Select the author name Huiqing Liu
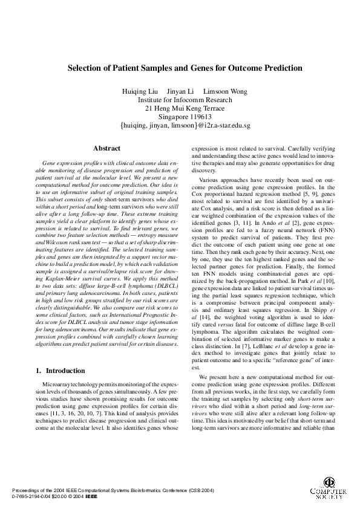pyautogui.click(x=141, y=91)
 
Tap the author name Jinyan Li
pyautogui.click(x=180, y=91)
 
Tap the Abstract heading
pyautogui.click(x=106, y=148)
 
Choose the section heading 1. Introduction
pyautogui.click(x=60, y=370)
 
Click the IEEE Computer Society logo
pyautogui.click(x=327, y=487)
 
